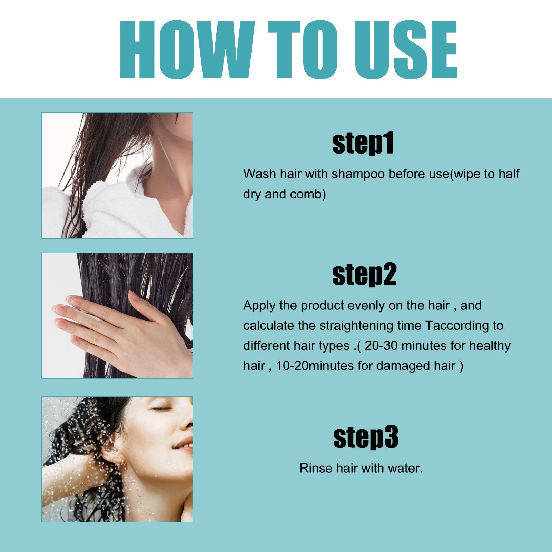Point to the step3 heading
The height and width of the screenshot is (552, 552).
(366, 437)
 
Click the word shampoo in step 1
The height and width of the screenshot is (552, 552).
(358, 174)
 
